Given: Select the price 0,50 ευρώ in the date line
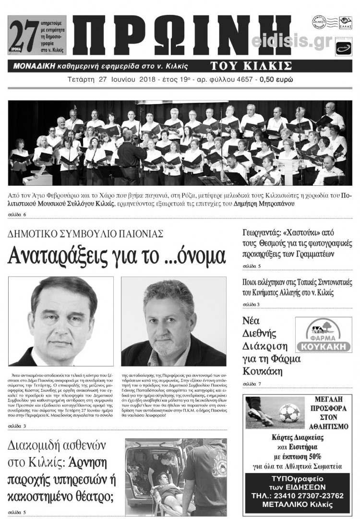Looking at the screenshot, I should coord(276,79).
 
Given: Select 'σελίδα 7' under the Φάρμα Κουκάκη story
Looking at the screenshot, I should coord(252,384).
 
